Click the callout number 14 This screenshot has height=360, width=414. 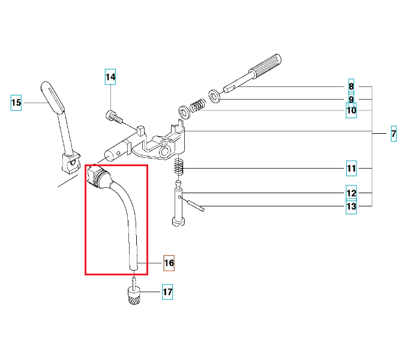110,77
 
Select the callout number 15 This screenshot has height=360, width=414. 16,103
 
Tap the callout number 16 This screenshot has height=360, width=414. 169,263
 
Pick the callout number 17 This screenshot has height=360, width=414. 167,292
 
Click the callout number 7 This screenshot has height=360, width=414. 394,134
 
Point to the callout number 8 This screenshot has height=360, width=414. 351,86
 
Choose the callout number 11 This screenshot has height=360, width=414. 352,168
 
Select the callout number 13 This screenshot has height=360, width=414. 351,206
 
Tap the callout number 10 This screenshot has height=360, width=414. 351,110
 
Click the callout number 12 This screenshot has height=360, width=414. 351,193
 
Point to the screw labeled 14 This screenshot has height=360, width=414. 115,117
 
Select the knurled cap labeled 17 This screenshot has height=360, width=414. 134,296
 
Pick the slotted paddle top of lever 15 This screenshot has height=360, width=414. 53,97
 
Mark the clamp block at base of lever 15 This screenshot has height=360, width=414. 71,163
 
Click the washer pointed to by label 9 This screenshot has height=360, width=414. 214,96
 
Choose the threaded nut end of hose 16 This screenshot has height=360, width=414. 98,176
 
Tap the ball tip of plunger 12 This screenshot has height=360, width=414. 179,183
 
